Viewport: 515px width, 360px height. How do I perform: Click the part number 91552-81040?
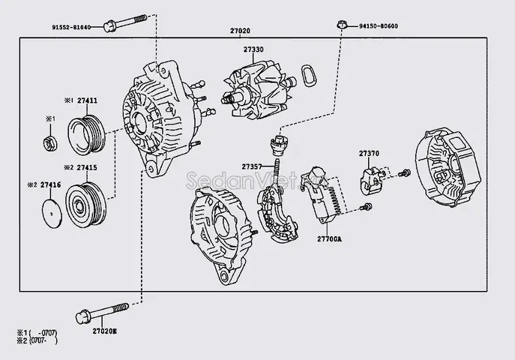click(x=70, y=28)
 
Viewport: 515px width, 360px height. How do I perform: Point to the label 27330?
click(x=253, y=49)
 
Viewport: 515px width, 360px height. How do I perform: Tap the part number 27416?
click(x=50, y=184)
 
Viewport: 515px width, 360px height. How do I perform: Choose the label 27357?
click(x=252, y=166)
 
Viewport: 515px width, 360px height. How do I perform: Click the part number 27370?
click(x=369, y=153)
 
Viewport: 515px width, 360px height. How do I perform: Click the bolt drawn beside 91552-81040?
click(x=124, y=26)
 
